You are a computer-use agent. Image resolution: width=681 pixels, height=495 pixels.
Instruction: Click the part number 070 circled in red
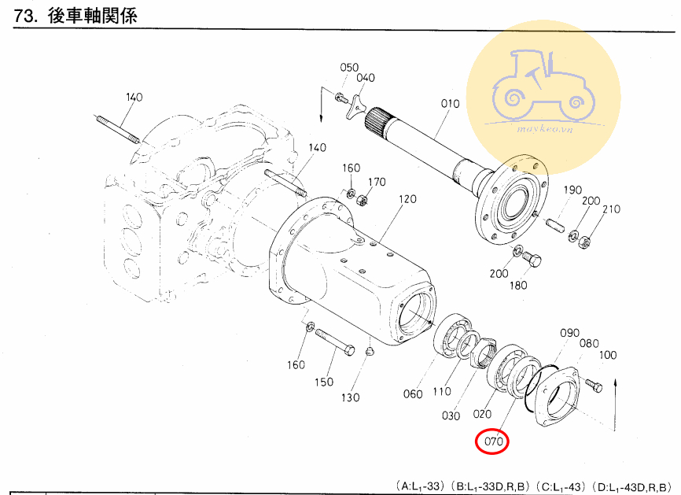pyautogui.click(x=493, y=441)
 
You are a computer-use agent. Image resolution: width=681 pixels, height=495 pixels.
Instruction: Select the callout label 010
pyautogui.click(x=449, y=104)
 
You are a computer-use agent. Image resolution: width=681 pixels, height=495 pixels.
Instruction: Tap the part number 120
pyautogui.click(x=407, y=199)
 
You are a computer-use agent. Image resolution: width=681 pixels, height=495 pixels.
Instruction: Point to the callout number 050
pyautogui.click(x=349, y=68)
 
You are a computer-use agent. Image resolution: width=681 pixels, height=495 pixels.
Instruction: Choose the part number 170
pyautogui.click(x=377, y=182)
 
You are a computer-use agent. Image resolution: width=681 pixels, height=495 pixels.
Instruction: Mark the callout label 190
pyautogui.click(x=572, y=190)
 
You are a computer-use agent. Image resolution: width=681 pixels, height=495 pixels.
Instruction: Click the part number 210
pyautogui.click(x=611, y=209)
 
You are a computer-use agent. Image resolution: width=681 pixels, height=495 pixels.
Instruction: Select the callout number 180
pyautogui.click(x=517, y=285)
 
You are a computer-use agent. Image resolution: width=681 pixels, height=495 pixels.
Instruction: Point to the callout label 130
pyautogui.click(x=350, y=397)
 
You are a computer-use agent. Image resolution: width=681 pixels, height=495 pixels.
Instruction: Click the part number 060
pyautogui.click(x=413, y=393)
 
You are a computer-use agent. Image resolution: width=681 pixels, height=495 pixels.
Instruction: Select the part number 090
pyautogui.click(x=569, y=333)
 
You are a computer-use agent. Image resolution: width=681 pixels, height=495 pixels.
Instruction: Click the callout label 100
pyautogui.click(x=607, y=355)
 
